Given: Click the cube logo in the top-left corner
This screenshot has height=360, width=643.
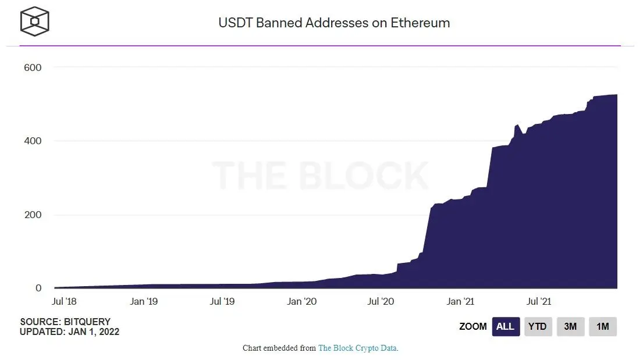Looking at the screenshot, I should click(x=35, y=22).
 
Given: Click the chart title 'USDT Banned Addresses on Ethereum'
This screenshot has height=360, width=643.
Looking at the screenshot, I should click(x=334, y=23).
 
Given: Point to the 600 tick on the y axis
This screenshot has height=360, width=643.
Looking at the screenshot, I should click(x=33, y=67).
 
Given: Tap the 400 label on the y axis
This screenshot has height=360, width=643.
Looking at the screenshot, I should click(x=33, y=141).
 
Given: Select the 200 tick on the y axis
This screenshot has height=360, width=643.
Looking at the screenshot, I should click(x=33, y=215).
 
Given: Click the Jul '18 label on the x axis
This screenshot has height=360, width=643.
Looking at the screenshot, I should click(x=65, y=301).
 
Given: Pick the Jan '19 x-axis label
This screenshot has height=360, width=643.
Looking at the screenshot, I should click(x=143, y=301).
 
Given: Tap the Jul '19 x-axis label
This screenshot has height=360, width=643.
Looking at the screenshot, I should click(x=222, y=301).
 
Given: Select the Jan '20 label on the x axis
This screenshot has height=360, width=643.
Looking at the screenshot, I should click(x=302, y=301).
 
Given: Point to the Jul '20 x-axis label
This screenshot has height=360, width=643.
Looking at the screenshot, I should click(x=381, y=301).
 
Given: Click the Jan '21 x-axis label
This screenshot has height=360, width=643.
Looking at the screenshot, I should click(x=460, y=301).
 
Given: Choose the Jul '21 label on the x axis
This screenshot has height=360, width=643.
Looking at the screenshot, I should click(x=538, y=301).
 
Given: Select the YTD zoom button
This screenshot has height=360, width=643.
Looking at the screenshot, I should click(x=537, y=327).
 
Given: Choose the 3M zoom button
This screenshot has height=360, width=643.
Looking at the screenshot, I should click(x=570, y=327).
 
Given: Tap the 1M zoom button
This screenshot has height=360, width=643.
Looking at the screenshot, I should click(x=602, y=327).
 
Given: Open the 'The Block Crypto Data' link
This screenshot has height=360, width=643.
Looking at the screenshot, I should click(x=357, y=348).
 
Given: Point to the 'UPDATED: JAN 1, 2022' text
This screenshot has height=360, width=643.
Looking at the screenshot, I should click(x=69, y=332).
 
